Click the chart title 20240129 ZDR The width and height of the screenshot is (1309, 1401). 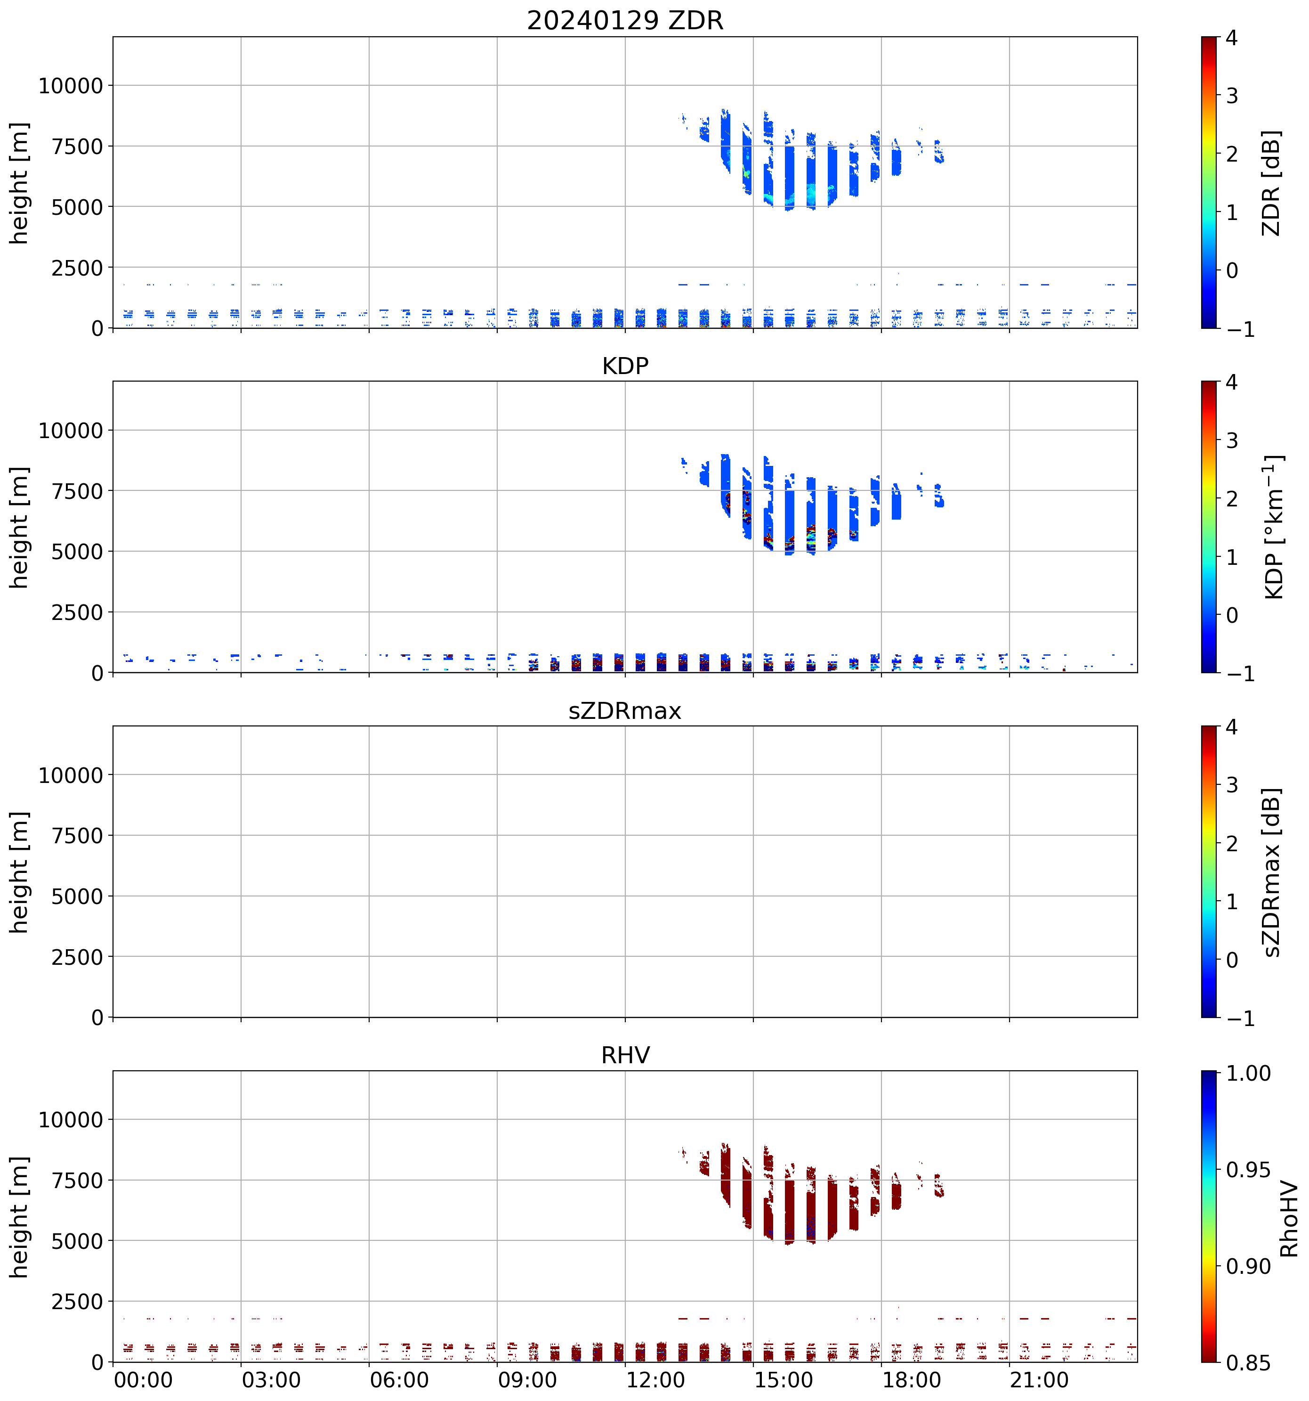[625, 20]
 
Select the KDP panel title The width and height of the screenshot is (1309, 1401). [625, 366]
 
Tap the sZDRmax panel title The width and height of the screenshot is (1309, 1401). [625, 710]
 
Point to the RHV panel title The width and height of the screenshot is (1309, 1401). [625, 1055]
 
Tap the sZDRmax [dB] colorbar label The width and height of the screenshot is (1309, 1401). [1271, 872]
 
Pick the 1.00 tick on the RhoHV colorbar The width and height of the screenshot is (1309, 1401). [1248, 1073]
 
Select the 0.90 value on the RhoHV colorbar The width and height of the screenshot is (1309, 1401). [1248, 1266]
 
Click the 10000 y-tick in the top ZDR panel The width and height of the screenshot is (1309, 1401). [71, 86]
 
